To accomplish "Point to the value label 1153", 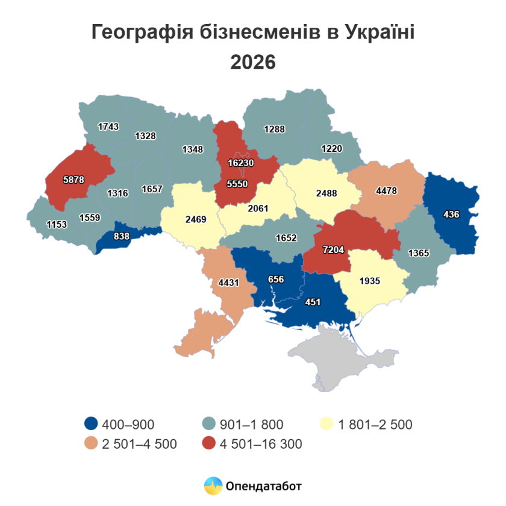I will click(x=57, y=224).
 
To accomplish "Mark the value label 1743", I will click(x=108, y=126).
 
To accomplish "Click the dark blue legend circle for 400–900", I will click(x=91, y=425).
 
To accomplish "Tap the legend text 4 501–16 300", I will click(x=260, y=445).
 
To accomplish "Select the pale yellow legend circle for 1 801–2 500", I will click(x=326, y=425).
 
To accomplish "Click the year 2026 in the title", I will click(x=252, y=62).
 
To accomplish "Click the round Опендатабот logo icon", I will click(x=213, y=486).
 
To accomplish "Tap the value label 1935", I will click(x=369, y=281).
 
